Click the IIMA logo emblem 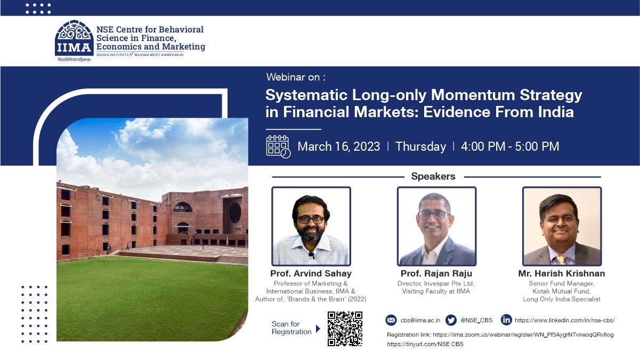(74, 38)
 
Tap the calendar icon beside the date (278, 146)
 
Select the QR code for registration (345, 329)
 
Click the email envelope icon (391, 320)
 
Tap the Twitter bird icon (451, 320)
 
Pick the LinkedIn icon (506, 320)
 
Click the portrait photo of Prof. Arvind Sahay (311, 226)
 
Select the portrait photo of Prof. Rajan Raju (436, 226)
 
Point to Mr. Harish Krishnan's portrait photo (562, 226)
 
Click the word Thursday (420, 146)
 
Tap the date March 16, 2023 (338, 146)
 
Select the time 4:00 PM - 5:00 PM (510, 146)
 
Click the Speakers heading (433, 176)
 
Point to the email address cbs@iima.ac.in (420, 320)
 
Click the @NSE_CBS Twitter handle (476, 320)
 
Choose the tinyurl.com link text (425, 345)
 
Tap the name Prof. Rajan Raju (436, 274)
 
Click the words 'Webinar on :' (296, 77)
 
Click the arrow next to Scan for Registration (318, 329)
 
